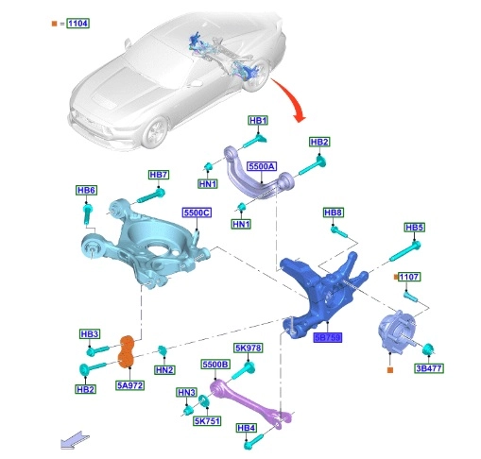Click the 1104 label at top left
(77, 24)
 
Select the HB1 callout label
(258, 121)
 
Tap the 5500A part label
(262, 166)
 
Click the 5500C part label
(197, 212)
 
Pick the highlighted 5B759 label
(328, 338)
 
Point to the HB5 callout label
(414, 228)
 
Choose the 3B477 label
(429, 368)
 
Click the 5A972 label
(130, 385)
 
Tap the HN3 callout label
(186, 393)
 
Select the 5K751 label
(207, 421)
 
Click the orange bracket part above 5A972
(127, 351)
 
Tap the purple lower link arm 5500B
(249, 403)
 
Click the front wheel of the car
(155, 132)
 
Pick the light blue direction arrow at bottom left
(75, 440)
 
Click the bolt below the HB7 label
(151, 195)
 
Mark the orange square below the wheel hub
(390, 370)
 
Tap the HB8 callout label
(334, 212)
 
